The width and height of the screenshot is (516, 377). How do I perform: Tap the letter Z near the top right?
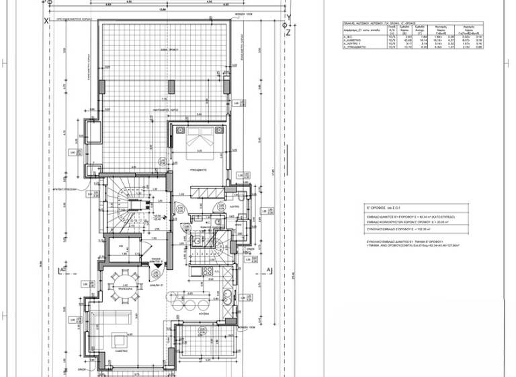[288, 31]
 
